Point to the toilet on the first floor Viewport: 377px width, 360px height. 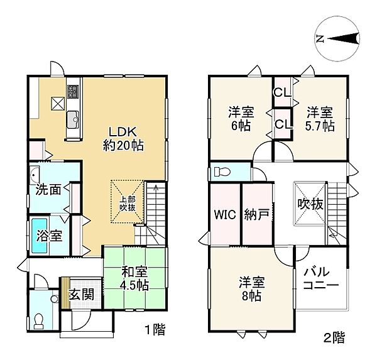(40, 320)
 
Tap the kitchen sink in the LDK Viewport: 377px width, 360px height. (72, 117)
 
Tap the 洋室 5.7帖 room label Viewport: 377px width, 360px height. (320, 119)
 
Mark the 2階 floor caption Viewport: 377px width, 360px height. (334, 338)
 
